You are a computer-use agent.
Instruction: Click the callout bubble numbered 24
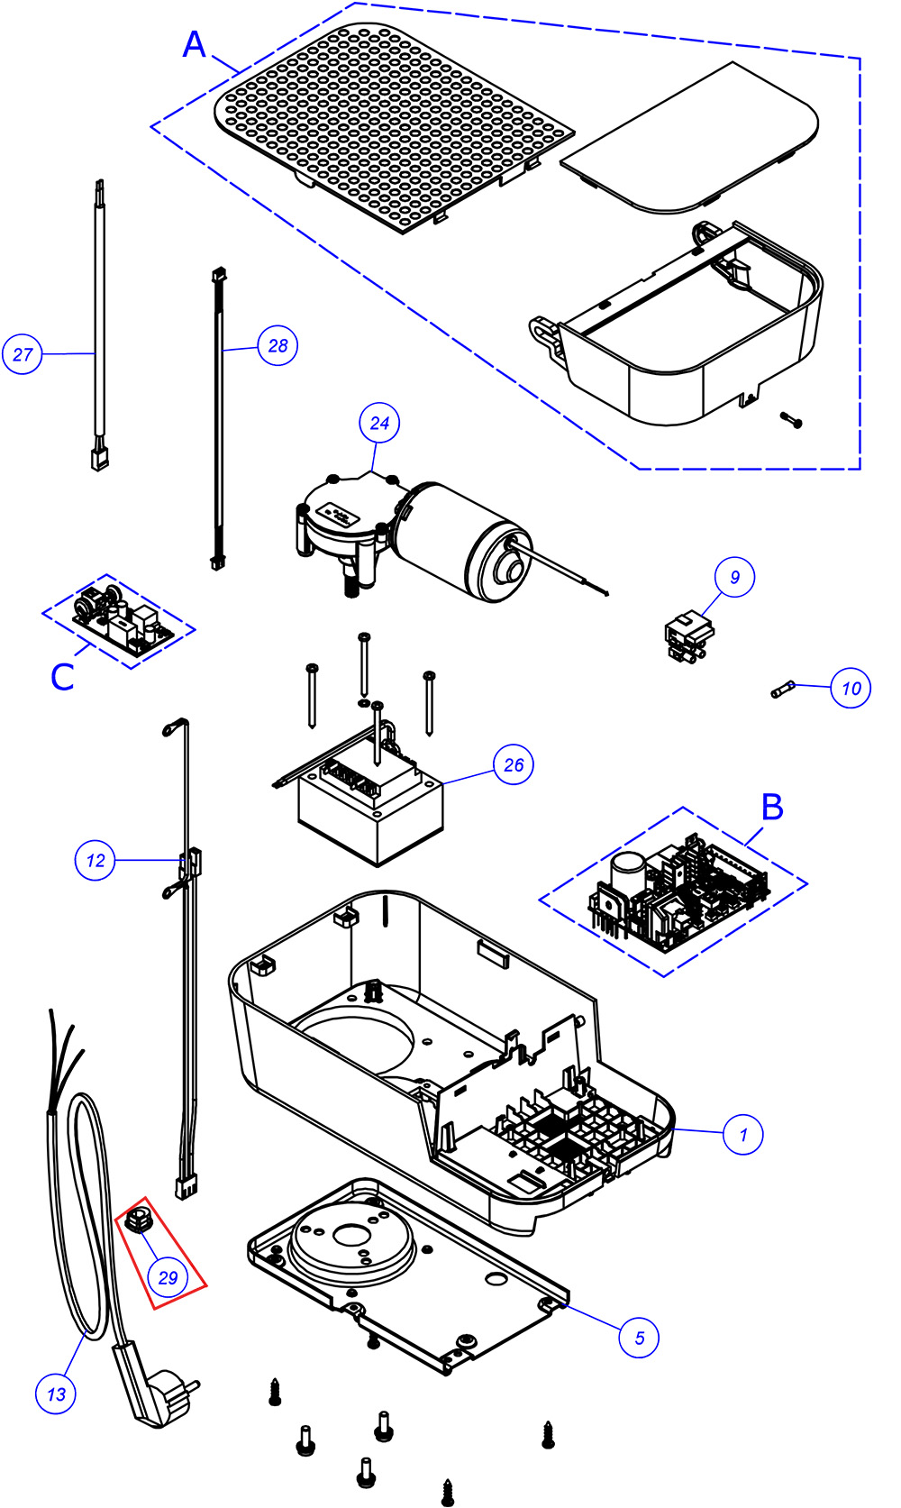380,423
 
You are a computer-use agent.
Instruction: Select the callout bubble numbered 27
22,354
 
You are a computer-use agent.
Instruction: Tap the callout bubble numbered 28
278,345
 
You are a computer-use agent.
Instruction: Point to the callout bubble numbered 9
734,577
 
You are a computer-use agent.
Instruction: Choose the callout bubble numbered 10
851,689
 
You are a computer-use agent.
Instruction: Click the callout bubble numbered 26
514,764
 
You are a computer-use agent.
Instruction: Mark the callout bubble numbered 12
95,860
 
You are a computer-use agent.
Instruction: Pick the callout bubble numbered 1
743,1134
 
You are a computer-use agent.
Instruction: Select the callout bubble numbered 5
639,1337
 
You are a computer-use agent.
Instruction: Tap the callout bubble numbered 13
56,1394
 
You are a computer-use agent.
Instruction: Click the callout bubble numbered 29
168,1276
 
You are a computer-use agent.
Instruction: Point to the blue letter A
195,44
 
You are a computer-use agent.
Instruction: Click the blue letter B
772,807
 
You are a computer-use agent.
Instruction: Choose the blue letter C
62,677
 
